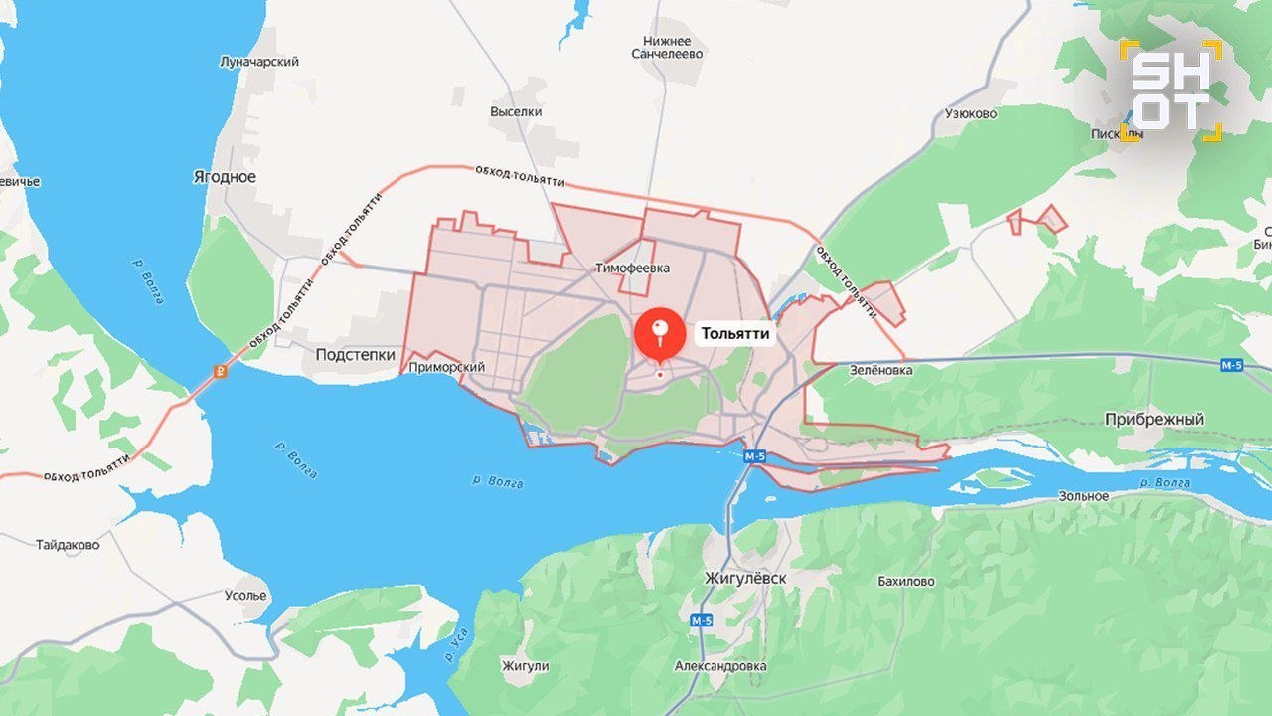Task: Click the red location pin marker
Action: [x=660, y=335]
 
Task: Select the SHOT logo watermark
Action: [x=1171, y=90]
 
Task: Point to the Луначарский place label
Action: [x=259, y=62]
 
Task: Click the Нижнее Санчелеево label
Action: [x=667, y=47]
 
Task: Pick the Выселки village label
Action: [x=516, y=112]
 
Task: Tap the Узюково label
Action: [x=970, y=113]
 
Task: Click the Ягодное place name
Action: [x=224, y=177]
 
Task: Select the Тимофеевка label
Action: [x=632, y=268]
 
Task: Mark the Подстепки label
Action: [x=355, y=355]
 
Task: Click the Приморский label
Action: [x=447, y=368]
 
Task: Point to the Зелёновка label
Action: [x=880, y=370]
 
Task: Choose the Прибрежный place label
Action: [x=1155, y=420]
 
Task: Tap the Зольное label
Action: [x=1083, y=496]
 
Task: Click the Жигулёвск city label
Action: [x=744, y=579]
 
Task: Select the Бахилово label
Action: [x=905, y=582]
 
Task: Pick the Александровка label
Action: [x=720, y=666]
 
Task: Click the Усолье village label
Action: [x=245, y=596]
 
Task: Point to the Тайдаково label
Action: [x=68, y=545]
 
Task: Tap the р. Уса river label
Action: [x=457, y=651]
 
